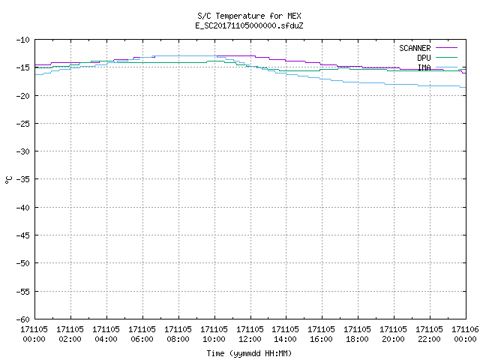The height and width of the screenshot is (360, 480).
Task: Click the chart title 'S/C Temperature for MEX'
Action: pyautogui.click(x=249, y=16)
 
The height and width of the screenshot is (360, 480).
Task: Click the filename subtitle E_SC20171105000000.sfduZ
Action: pyautogui.click(x=249, y=25)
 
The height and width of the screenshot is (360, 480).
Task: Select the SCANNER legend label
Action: pyautogui.click(x=415, y=48)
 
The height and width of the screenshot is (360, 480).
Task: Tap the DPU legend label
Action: pyautogui.click(x=424, y=58)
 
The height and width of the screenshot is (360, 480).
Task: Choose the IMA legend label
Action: pyautogui.click(x=424, y=67)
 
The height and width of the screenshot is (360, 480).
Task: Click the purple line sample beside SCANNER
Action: pyautogui.click(x=446, y=48)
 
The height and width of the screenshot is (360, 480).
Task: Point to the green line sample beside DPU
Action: pyautogui.click(x=446, y=57)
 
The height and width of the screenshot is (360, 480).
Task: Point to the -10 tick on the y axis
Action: pyautogui.click(x=23, y=40)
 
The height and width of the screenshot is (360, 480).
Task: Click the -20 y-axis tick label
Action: pyautogui.click(x=23, y=96)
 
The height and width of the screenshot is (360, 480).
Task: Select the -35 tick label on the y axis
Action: pyautogui.click(x=23, y=179)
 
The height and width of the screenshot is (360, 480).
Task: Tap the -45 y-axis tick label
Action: pyautogui.click(x=23, y=235)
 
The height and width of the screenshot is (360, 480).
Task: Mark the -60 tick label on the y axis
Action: pyautogui.click(x=23, y=319)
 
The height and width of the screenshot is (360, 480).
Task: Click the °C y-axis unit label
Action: pyautogui.click(x=8, y=180)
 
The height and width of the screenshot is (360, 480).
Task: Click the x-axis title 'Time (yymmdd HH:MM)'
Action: pyautogui.click(x=249, y=353)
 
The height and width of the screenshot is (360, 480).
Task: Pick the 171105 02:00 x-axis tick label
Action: pyautogui.click(x=70, y=334)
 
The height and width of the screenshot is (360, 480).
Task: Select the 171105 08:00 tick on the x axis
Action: pyautogui.click(x=178, y=334)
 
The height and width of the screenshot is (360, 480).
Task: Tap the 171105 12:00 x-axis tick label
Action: pyautogui.click(x=250, y=334)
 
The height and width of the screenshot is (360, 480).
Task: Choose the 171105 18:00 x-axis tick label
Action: pyautogui.click(x=357, y=334)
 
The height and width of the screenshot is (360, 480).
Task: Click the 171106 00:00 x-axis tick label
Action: pyautogui.click(x=465, y=334)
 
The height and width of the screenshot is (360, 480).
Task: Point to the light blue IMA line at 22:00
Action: pyautogui.click(x=430, y=85)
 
